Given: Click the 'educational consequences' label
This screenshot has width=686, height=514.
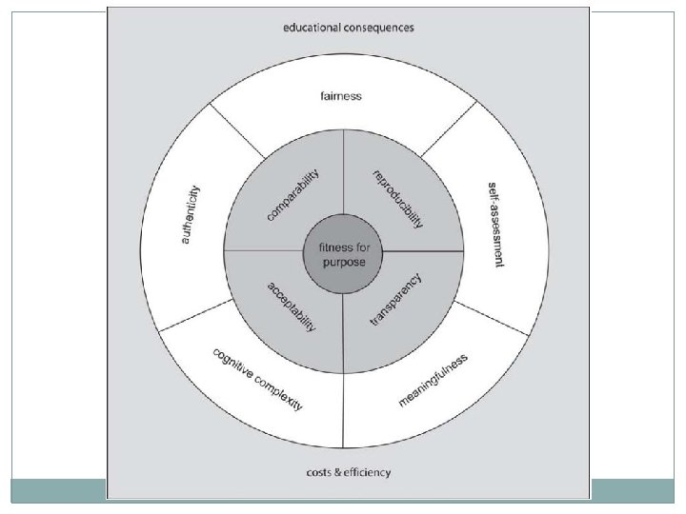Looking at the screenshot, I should (348, 27).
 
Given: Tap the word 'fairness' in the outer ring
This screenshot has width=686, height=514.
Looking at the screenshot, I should (343, 96).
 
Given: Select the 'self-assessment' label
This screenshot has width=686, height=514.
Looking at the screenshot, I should (494, 224).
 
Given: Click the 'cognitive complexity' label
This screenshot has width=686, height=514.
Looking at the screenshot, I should (257, 378).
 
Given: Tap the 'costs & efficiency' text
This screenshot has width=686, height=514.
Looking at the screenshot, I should (348, 472).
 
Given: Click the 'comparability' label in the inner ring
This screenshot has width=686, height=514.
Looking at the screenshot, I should (293, 195).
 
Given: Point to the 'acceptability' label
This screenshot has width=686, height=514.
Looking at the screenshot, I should (291, 305).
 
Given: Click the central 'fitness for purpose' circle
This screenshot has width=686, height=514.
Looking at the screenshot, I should (343, 254).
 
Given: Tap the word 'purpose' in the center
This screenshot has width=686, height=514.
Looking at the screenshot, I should (343, 262).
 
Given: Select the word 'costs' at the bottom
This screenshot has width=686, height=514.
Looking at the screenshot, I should (318, 472).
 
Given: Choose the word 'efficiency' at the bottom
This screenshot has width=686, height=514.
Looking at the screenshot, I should (367, 472).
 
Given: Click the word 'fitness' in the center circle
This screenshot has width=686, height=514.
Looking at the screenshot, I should (333, 247).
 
